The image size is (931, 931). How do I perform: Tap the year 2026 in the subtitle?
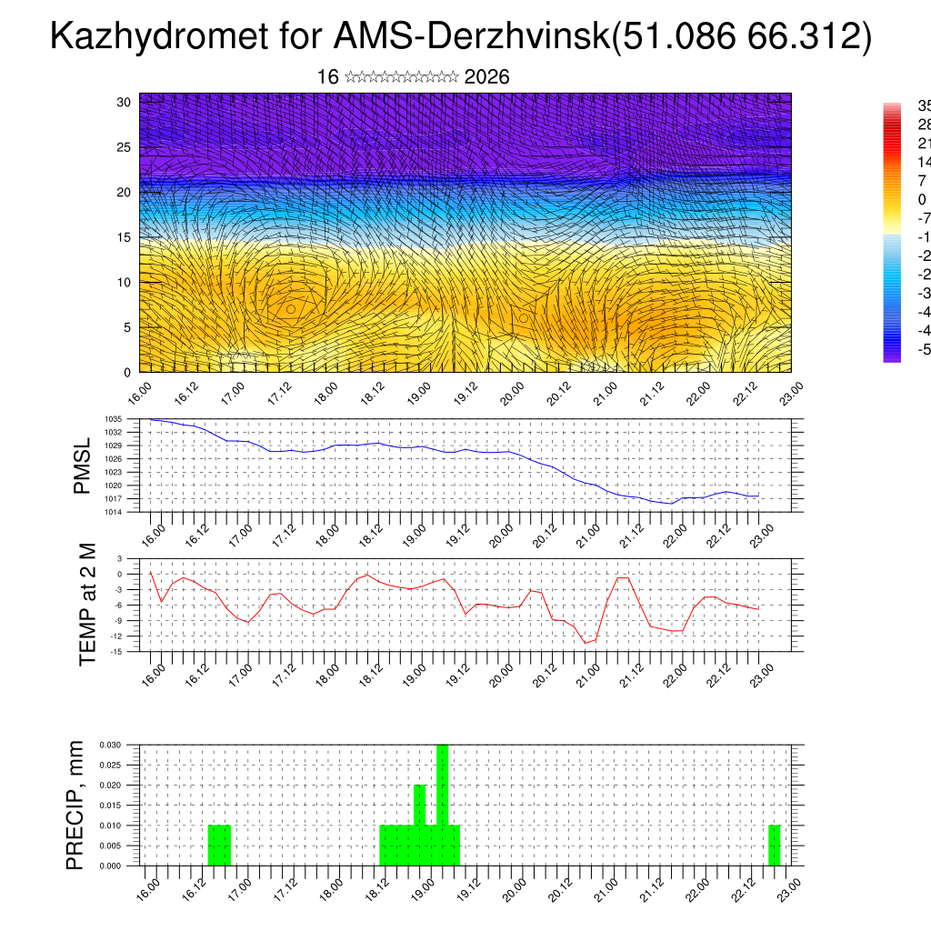(486, 77)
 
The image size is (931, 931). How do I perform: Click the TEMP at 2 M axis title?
(87, 604)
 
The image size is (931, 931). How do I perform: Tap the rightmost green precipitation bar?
(774, 846)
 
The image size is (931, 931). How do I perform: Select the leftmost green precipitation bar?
(219, 846)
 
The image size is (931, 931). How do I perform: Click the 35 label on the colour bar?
(924, 105)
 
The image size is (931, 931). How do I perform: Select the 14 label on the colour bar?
(924, 162)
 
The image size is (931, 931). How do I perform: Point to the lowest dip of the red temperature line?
(586, 643)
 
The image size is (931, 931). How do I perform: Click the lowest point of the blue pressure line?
(671, 504)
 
